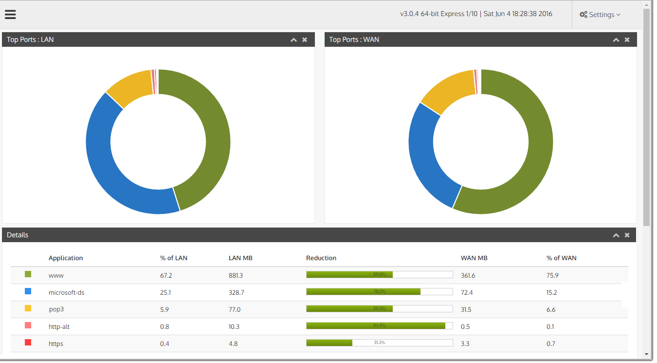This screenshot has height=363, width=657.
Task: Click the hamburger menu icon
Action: tap(10, 14)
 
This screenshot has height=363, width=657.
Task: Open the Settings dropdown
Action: tap(600, 15)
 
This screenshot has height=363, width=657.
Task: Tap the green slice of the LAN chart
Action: tap(214, 132)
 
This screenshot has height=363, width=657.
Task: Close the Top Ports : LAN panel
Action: tap(305, 39)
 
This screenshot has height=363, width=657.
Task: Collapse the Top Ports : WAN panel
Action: tap(616, 39)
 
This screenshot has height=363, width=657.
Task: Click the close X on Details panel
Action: tap(627, 235)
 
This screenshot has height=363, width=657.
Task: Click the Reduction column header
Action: tap(321, 258)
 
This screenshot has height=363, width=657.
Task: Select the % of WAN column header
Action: tap(561, 258)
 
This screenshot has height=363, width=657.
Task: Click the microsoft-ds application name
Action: tap(66, 292)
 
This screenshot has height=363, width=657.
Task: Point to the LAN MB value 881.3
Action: tap(236, 275)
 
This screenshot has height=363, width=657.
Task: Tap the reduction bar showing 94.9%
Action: tap(379, 325)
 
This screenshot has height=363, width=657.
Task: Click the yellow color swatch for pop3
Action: tap(28, 308)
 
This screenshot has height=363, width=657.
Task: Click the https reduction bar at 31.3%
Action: tap(379, 343)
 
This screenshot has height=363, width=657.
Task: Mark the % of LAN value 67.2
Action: tap(166, 275)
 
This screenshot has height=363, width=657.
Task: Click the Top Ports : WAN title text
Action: tap(354, 39)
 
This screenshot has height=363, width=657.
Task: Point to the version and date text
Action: tap(476, 14)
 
